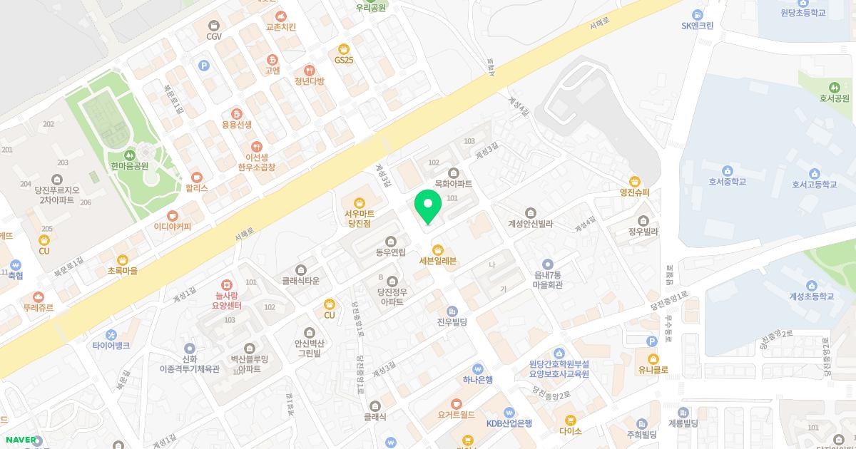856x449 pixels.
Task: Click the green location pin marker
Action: (x=428, y=207)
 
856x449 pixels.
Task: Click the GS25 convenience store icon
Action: (x=344, y=48)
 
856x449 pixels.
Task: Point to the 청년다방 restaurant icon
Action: (x=309, y=70)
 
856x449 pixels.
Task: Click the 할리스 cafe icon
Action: (x=197, y=177)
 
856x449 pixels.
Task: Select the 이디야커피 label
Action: (x=173, y=227)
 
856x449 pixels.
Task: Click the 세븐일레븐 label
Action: (x=437, y=261)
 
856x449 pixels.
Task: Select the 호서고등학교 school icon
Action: (x=814, y=173)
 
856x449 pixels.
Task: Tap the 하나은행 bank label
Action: (x=477, y=380)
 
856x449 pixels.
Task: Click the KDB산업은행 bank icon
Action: (x=509, y=412)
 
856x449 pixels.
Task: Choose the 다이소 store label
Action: (x=571, y=431)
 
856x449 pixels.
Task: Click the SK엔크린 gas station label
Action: (x=697, y=26)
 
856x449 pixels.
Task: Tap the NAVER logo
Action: (x=21, y=440)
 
